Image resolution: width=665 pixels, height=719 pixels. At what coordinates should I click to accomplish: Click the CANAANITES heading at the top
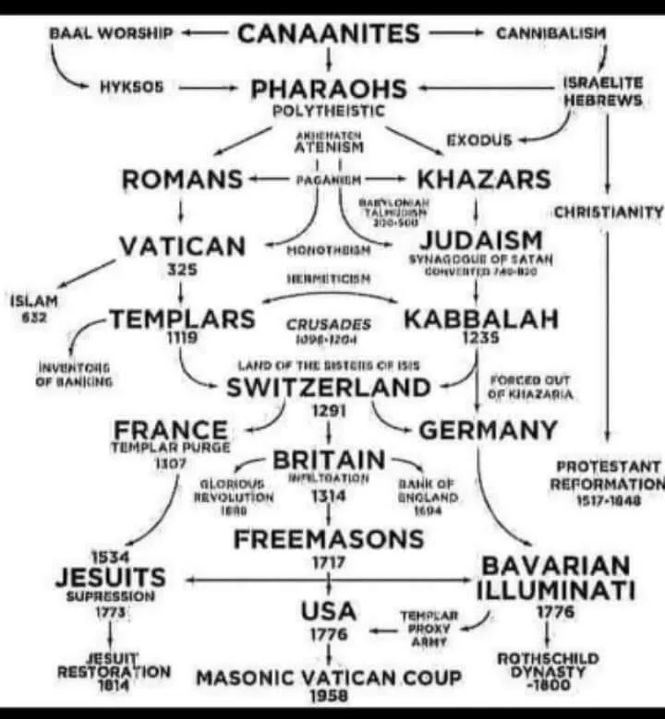coord(328,34)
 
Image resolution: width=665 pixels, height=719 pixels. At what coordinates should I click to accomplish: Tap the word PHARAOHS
coord(329,90)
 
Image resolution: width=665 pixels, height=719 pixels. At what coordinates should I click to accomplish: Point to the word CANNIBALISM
coord(551,33)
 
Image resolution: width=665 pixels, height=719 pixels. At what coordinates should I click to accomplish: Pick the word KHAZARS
coord(484,178)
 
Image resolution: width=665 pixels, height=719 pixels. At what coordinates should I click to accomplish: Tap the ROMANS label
coord(183,178)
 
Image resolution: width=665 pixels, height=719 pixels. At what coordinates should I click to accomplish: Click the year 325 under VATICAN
coord(178,270)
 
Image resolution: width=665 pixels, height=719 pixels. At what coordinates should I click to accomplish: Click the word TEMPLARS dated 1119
coord(182,319)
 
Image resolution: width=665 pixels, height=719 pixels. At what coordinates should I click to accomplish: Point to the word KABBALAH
coord(481,319)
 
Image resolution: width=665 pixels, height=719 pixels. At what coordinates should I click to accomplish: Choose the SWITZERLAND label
coord(330,388)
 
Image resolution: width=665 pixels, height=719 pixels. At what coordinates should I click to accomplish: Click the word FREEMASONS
coord(329,538)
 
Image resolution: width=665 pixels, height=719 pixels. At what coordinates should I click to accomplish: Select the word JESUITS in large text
coord(111,577)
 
